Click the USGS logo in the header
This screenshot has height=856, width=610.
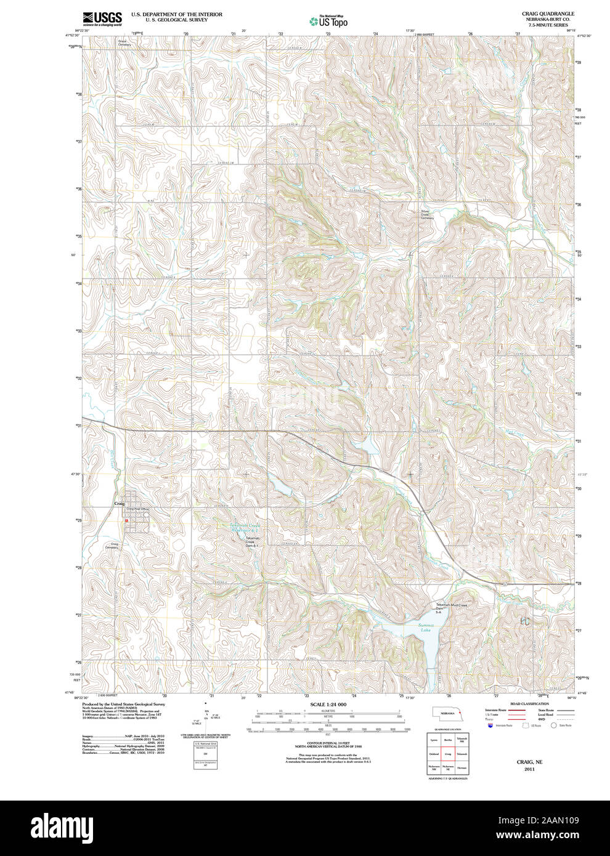[102, 18]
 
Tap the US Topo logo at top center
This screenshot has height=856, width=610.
[328, 21]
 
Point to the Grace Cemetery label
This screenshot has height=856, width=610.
[124, 43]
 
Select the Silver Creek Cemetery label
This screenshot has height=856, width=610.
[427, 215]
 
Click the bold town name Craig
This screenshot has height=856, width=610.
[119, 504]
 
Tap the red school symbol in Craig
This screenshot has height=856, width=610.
[127, 520]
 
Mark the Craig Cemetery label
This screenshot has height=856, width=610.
[111, 546]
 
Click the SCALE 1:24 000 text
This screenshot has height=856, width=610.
[328, 704]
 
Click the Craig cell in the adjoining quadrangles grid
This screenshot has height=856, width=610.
[447, 753]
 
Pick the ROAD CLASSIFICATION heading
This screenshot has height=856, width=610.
[529, 703]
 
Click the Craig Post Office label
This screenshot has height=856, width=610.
[137, 509]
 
